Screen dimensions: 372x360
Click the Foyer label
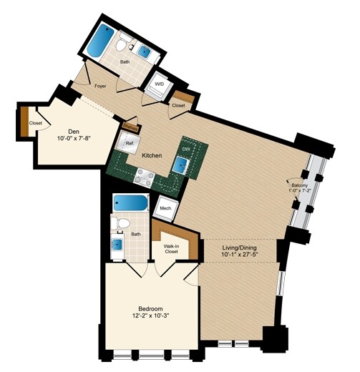99,87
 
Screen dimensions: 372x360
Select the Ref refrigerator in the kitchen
130,143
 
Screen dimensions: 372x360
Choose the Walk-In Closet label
171,248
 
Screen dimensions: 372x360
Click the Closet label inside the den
35,123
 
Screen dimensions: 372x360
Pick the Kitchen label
151,155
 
